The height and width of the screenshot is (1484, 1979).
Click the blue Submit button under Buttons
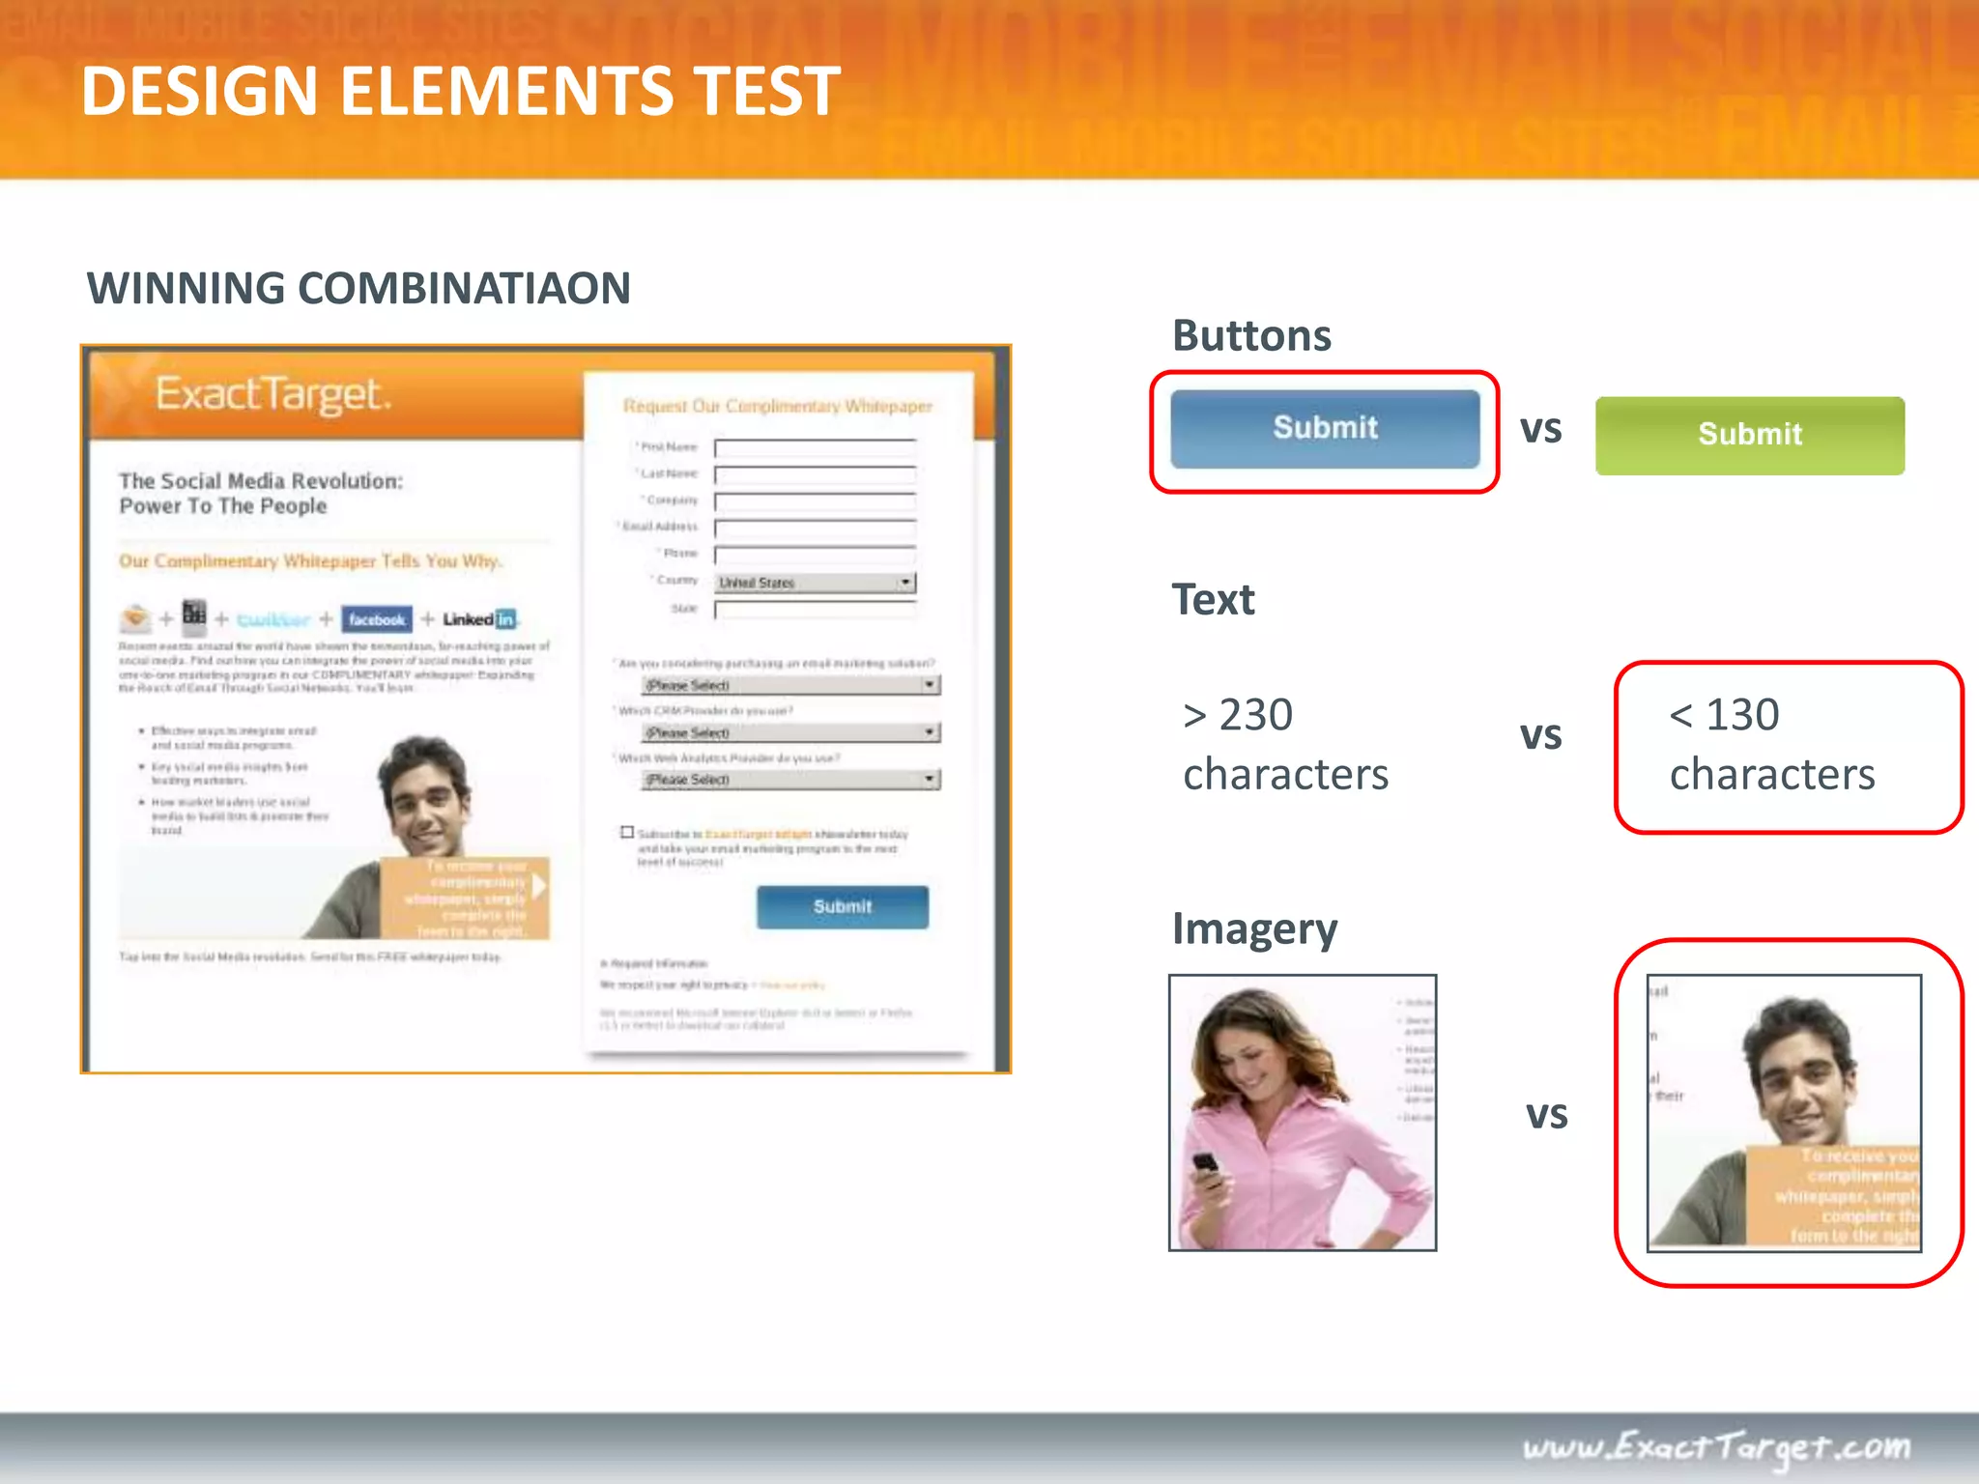[1325, 428]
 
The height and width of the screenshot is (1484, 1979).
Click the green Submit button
[1750, 435]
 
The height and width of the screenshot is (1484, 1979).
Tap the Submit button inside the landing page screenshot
[842, 907]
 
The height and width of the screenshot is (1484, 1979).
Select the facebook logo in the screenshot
[377, 619]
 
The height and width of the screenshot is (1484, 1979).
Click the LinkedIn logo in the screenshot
[480, 619]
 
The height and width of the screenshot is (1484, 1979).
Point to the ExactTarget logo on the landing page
[273, 394]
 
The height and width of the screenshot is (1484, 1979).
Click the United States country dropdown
[815, 583]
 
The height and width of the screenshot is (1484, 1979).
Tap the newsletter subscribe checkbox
[627, 832]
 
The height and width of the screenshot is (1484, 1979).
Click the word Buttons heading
[1251, 336]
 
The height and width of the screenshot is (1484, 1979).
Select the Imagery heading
[1254, 928]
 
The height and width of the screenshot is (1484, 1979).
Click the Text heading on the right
[1213, 600]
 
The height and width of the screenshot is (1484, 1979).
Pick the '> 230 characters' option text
[1285, 745]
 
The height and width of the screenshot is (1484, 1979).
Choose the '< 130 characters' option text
[1772, 745]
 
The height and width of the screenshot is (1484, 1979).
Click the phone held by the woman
[1204, 1166]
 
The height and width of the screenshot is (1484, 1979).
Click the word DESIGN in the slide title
[199, 92]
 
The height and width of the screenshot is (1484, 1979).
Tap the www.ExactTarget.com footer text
[1716, 1446]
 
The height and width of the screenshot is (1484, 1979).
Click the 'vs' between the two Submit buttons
[1540, 430]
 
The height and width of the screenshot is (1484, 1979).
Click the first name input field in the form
[815, 447]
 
